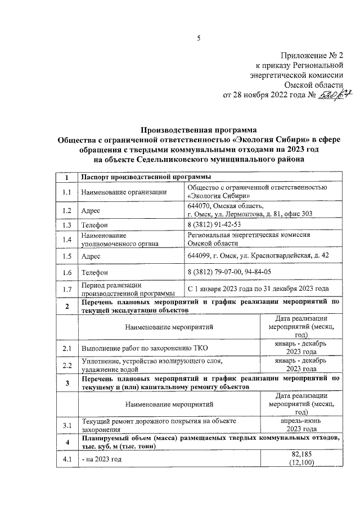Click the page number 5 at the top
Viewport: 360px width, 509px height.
tap(198, 38)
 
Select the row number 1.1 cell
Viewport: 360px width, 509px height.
tap(66, 192)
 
